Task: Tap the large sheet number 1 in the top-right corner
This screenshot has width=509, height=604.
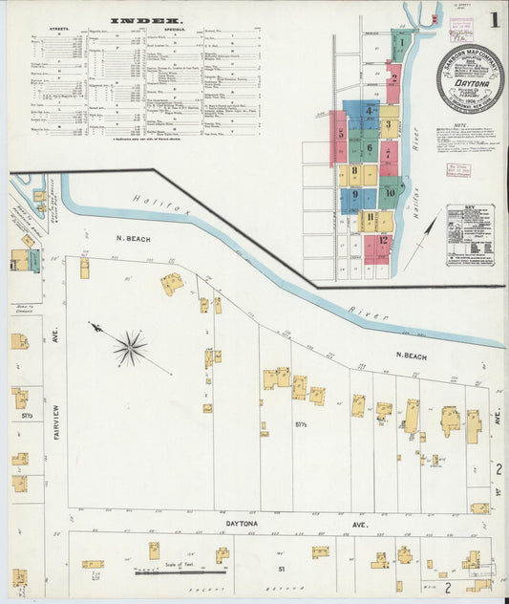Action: [494, 20]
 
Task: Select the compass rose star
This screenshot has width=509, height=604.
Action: [130, 348]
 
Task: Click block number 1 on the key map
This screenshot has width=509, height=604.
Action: [404, 42]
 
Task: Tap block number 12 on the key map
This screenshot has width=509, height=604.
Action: [383, 241]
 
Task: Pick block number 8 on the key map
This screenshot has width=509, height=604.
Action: [353, 173]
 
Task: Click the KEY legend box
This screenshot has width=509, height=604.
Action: [470, 234]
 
